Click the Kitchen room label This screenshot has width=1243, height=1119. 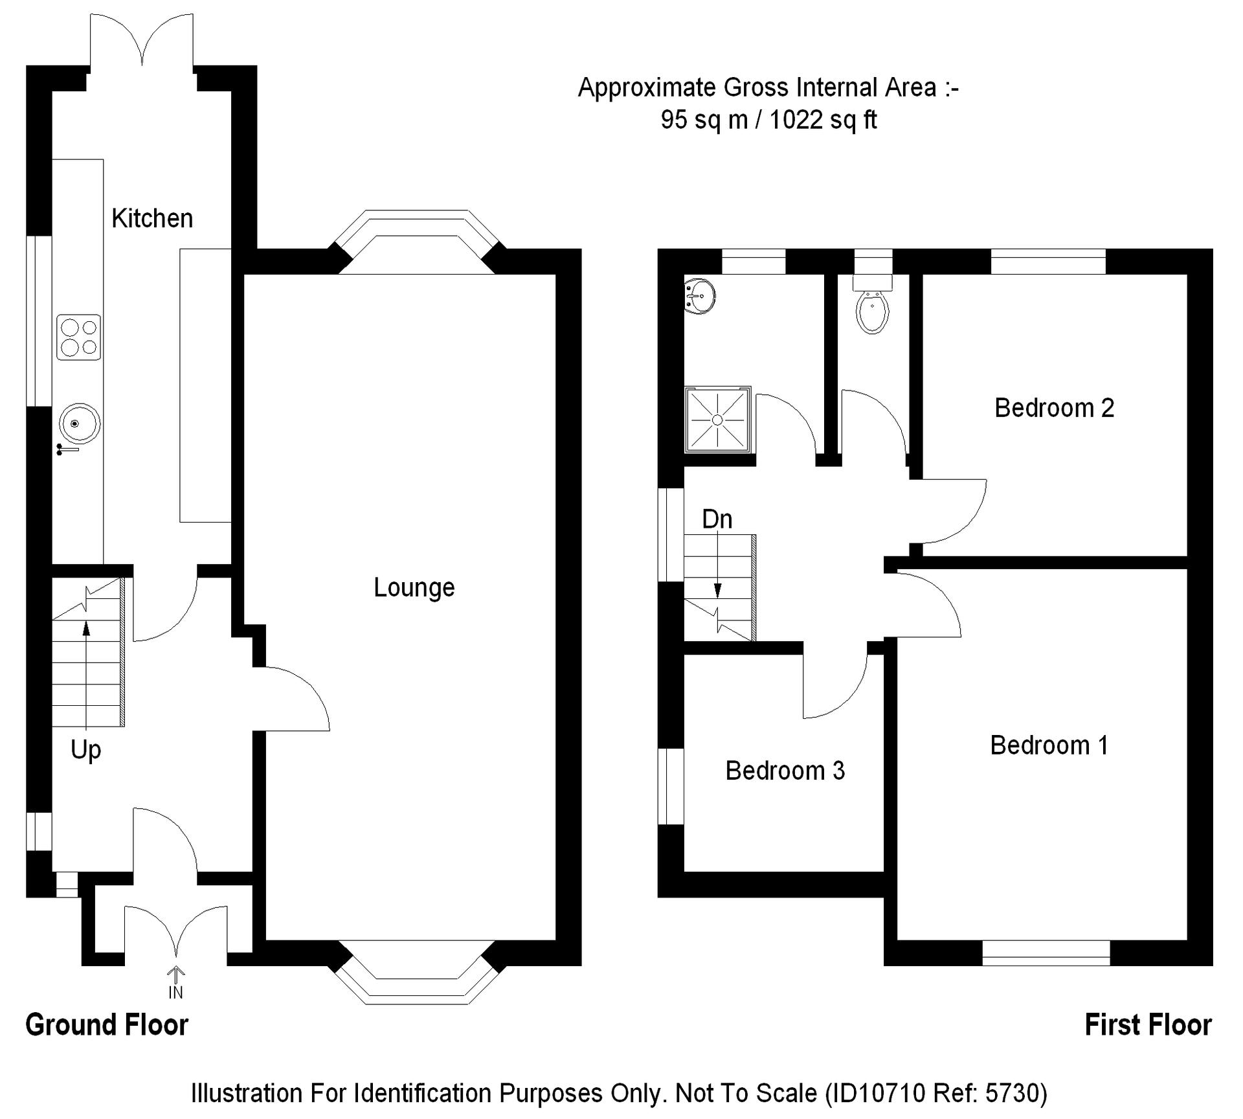(x=152, y=219)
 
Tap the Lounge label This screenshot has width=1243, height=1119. (x=414, y=587)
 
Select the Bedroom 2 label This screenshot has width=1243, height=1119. (x=1054, y=408)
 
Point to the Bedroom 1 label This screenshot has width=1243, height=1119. (x=1049, y=745)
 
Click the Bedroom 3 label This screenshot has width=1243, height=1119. (x=785, y=771)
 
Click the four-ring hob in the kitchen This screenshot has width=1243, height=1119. (x=78, y=337)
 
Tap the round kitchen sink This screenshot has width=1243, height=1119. (x=79, y=424)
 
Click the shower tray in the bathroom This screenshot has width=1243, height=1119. (x=717, y=420)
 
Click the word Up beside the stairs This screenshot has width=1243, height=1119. (x=85, y=750)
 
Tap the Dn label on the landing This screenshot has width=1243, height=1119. (x=717, y=519)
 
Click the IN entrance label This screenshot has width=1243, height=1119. (x=175, y=993)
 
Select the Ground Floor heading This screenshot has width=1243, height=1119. (x=107, y=1025)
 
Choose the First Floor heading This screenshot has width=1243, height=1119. (x=1148, y=1025)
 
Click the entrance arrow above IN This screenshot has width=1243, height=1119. (x=176, y=973)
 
